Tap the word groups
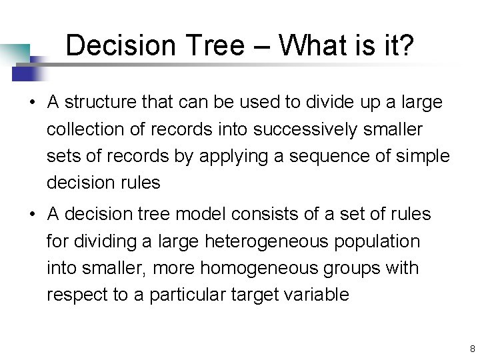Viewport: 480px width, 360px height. (x=357, y=268)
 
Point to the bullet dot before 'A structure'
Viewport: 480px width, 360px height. (x=31, y=102)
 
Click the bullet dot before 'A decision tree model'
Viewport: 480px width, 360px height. (x=31, y=214)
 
